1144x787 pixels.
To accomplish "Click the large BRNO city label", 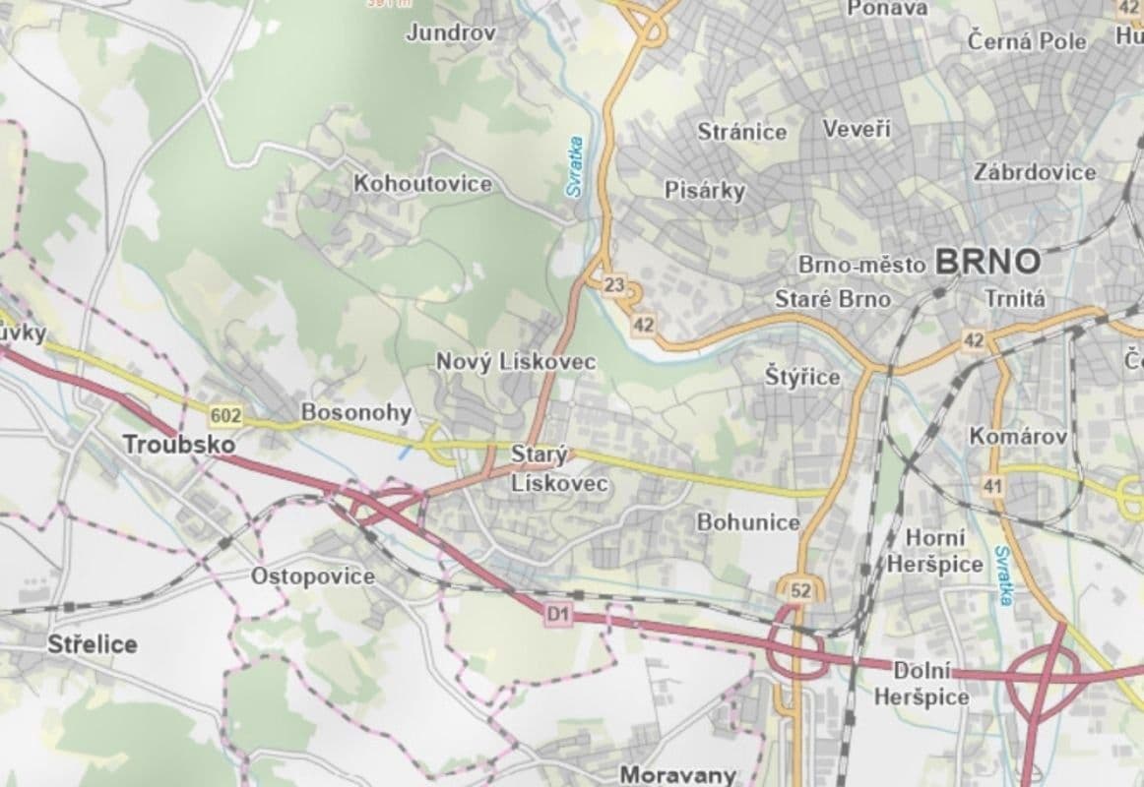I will pos(987,262).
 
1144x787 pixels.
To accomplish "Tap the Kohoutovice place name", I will pos(423,184).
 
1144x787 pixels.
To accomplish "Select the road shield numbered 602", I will pos(225,416).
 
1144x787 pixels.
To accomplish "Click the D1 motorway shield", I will pos(558,614).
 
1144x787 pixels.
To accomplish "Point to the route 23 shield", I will pos(614,286).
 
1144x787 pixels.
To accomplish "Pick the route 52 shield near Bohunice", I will pos(799,590).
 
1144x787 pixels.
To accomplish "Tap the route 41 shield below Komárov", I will pos(991,485).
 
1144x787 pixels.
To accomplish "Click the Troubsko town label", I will pos(180,445).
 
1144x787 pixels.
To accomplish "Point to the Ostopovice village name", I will pos(313,576).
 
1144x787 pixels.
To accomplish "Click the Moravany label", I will pos(677,774).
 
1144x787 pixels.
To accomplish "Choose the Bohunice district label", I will pos(748,522).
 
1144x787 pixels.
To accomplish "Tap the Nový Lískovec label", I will pos(516,362).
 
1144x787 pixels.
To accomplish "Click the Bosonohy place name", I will pos(355,412).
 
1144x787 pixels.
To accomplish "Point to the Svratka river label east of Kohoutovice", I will pos(575,167).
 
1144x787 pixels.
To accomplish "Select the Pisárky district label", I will pos(705,190).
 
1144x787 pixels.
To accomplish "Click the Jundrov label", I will pos(451,32).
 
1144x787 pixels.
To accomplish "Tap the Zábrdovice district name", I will pos(1034,172).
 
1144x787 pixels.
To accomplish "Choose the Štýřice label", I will pos(803,377).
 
